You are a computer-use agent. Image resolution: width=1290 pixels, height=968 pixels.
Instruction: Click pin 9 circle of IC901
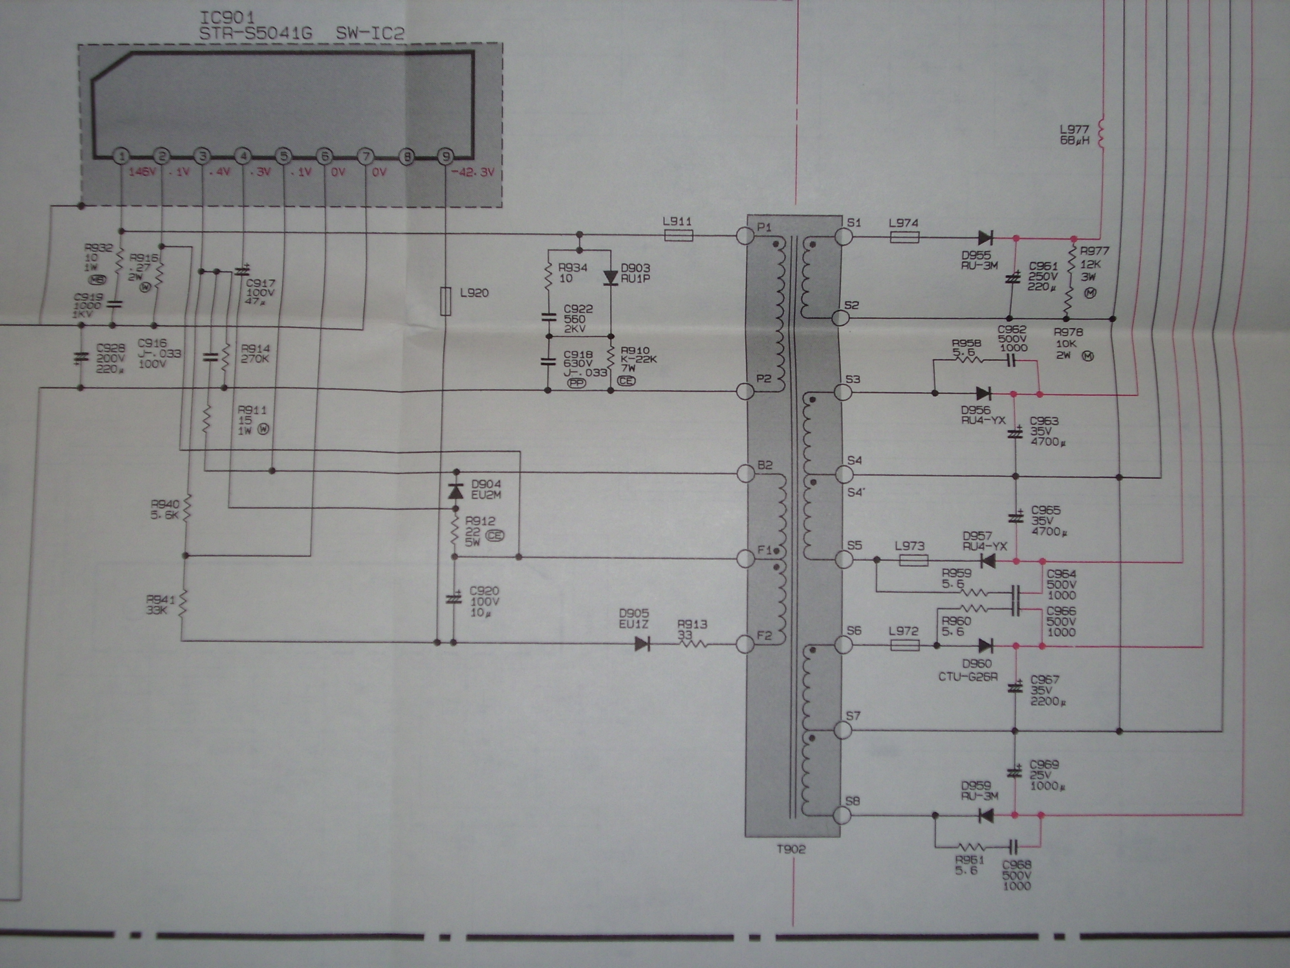click(445, 156)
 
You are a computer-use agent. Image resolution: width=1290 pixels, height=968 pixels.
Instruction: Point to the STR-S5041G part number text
click(255, 34)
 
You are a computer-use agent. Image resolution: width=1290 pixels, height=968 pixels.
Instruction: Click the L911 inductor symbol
click(678, 236)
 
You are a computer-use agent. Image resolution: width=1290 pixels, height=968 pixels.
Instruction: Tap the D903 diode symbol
click(611, 277)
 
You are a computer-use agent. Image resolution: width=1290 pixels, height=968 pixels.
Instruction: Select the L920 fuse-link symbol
click(445, 301)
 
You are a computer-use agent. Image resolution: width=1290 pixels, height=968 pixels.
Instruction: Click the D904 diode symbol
click(455, 491)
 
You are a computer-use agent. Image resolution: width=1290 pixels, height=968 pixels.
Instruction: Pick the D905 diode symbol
click(642, 644)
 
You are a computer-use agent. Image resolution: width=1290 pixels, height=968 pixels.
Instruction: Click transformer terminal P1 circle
click(746, 236)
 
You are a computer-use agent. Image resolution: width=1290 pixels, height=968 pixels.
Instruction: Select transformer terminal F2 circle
click(746, 644)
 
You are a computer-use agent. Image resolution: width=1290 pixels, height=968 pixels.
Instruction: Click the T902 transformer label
click(791, 850)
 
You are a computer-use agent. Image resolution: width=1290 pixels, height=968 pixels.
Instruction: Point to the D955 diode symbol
click(985, 237)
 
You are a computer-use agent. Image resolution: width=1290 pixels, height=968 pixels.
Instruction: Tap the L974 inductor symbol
click(905, 237)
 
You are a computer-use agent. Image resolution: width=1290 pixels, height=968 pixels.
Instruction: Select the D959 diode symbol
click(986, 815)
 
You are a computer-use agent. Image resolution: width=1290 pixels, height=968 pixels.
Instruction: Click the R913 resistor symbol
click(692, 644)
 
